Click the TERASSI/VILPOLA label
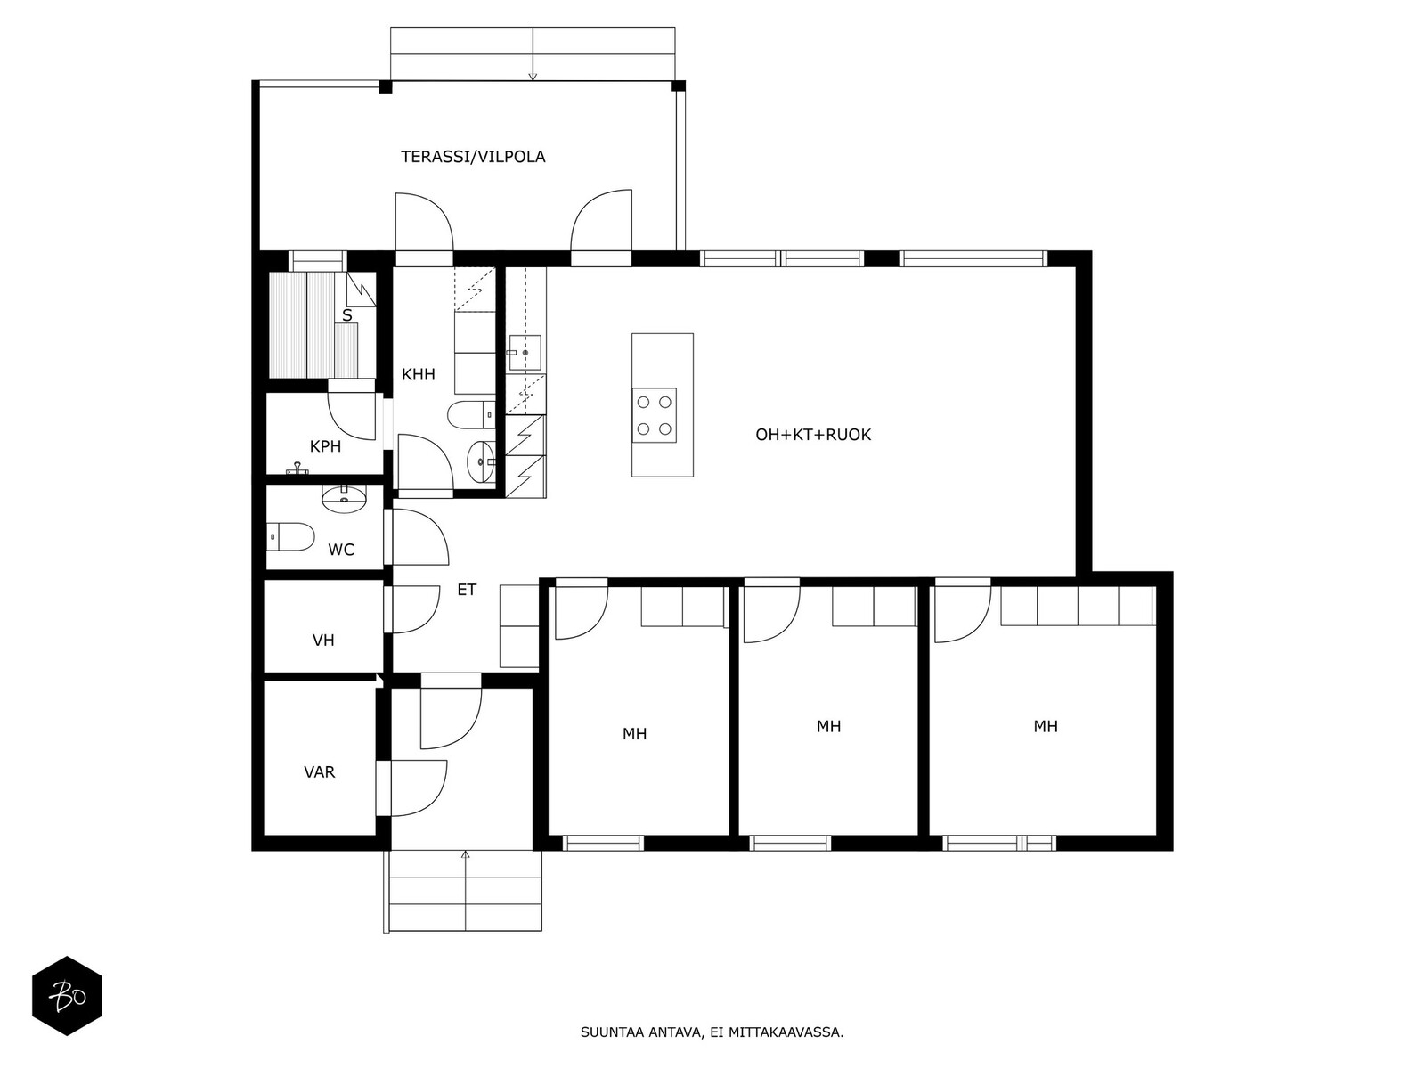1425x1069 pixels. [x=473, y=157]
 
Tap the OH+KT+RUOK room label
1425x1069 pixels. [x=813, y=435]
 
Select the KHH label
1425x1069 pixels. [x=418, y=374]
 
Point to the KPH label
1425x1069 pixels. [x=325, y=446]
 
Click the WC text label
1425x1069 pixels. [x=341, y=551]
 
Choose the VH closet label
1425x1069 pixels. [x=323, y=641]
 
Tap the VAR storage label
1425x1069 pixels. [x=320, y=772]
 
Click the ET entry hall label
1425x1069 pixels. [x=467, y=590]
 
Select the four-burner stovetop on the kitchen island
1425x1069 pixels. [x=655, y=415]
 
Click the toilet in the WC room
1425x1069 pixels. [x=290, y=537]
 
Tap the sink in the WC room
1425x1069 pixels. [x=344, y=500]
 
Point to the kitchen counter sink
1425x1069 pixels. [x=525, y=353]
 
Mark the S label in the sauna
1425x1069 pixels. [x=347, y=316]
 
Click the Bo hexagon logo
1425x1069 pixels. [x=68, y=996]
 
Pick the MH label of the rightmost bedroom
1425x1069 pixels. [x=1046, y=726]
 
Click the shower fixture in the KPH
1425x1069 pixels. [x=297, y=469]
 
